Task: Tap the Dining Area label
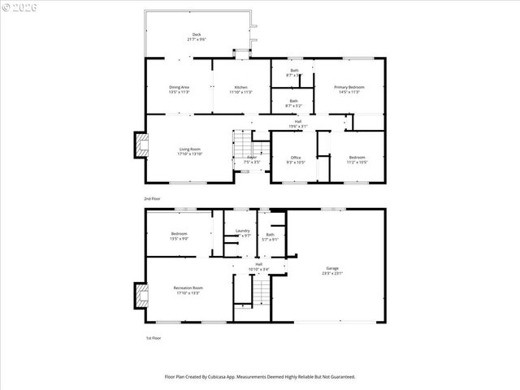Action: pos(179,87)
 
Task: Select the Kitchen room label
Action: pos(241,87)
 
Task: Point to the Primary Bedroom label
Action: pos(349,87)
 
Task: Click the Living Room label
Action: pos(190,148)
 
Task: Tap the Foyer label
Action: pos(252,158)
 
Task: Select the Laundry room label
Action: pos(242,232)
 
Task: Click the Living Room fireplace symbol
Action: pos(142,147)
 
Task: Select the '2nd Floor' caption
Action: pos(152,197)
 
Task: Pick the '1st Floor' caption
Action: pos(152,338)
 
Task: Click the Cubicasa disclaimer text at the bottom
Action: pos(259,376)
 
